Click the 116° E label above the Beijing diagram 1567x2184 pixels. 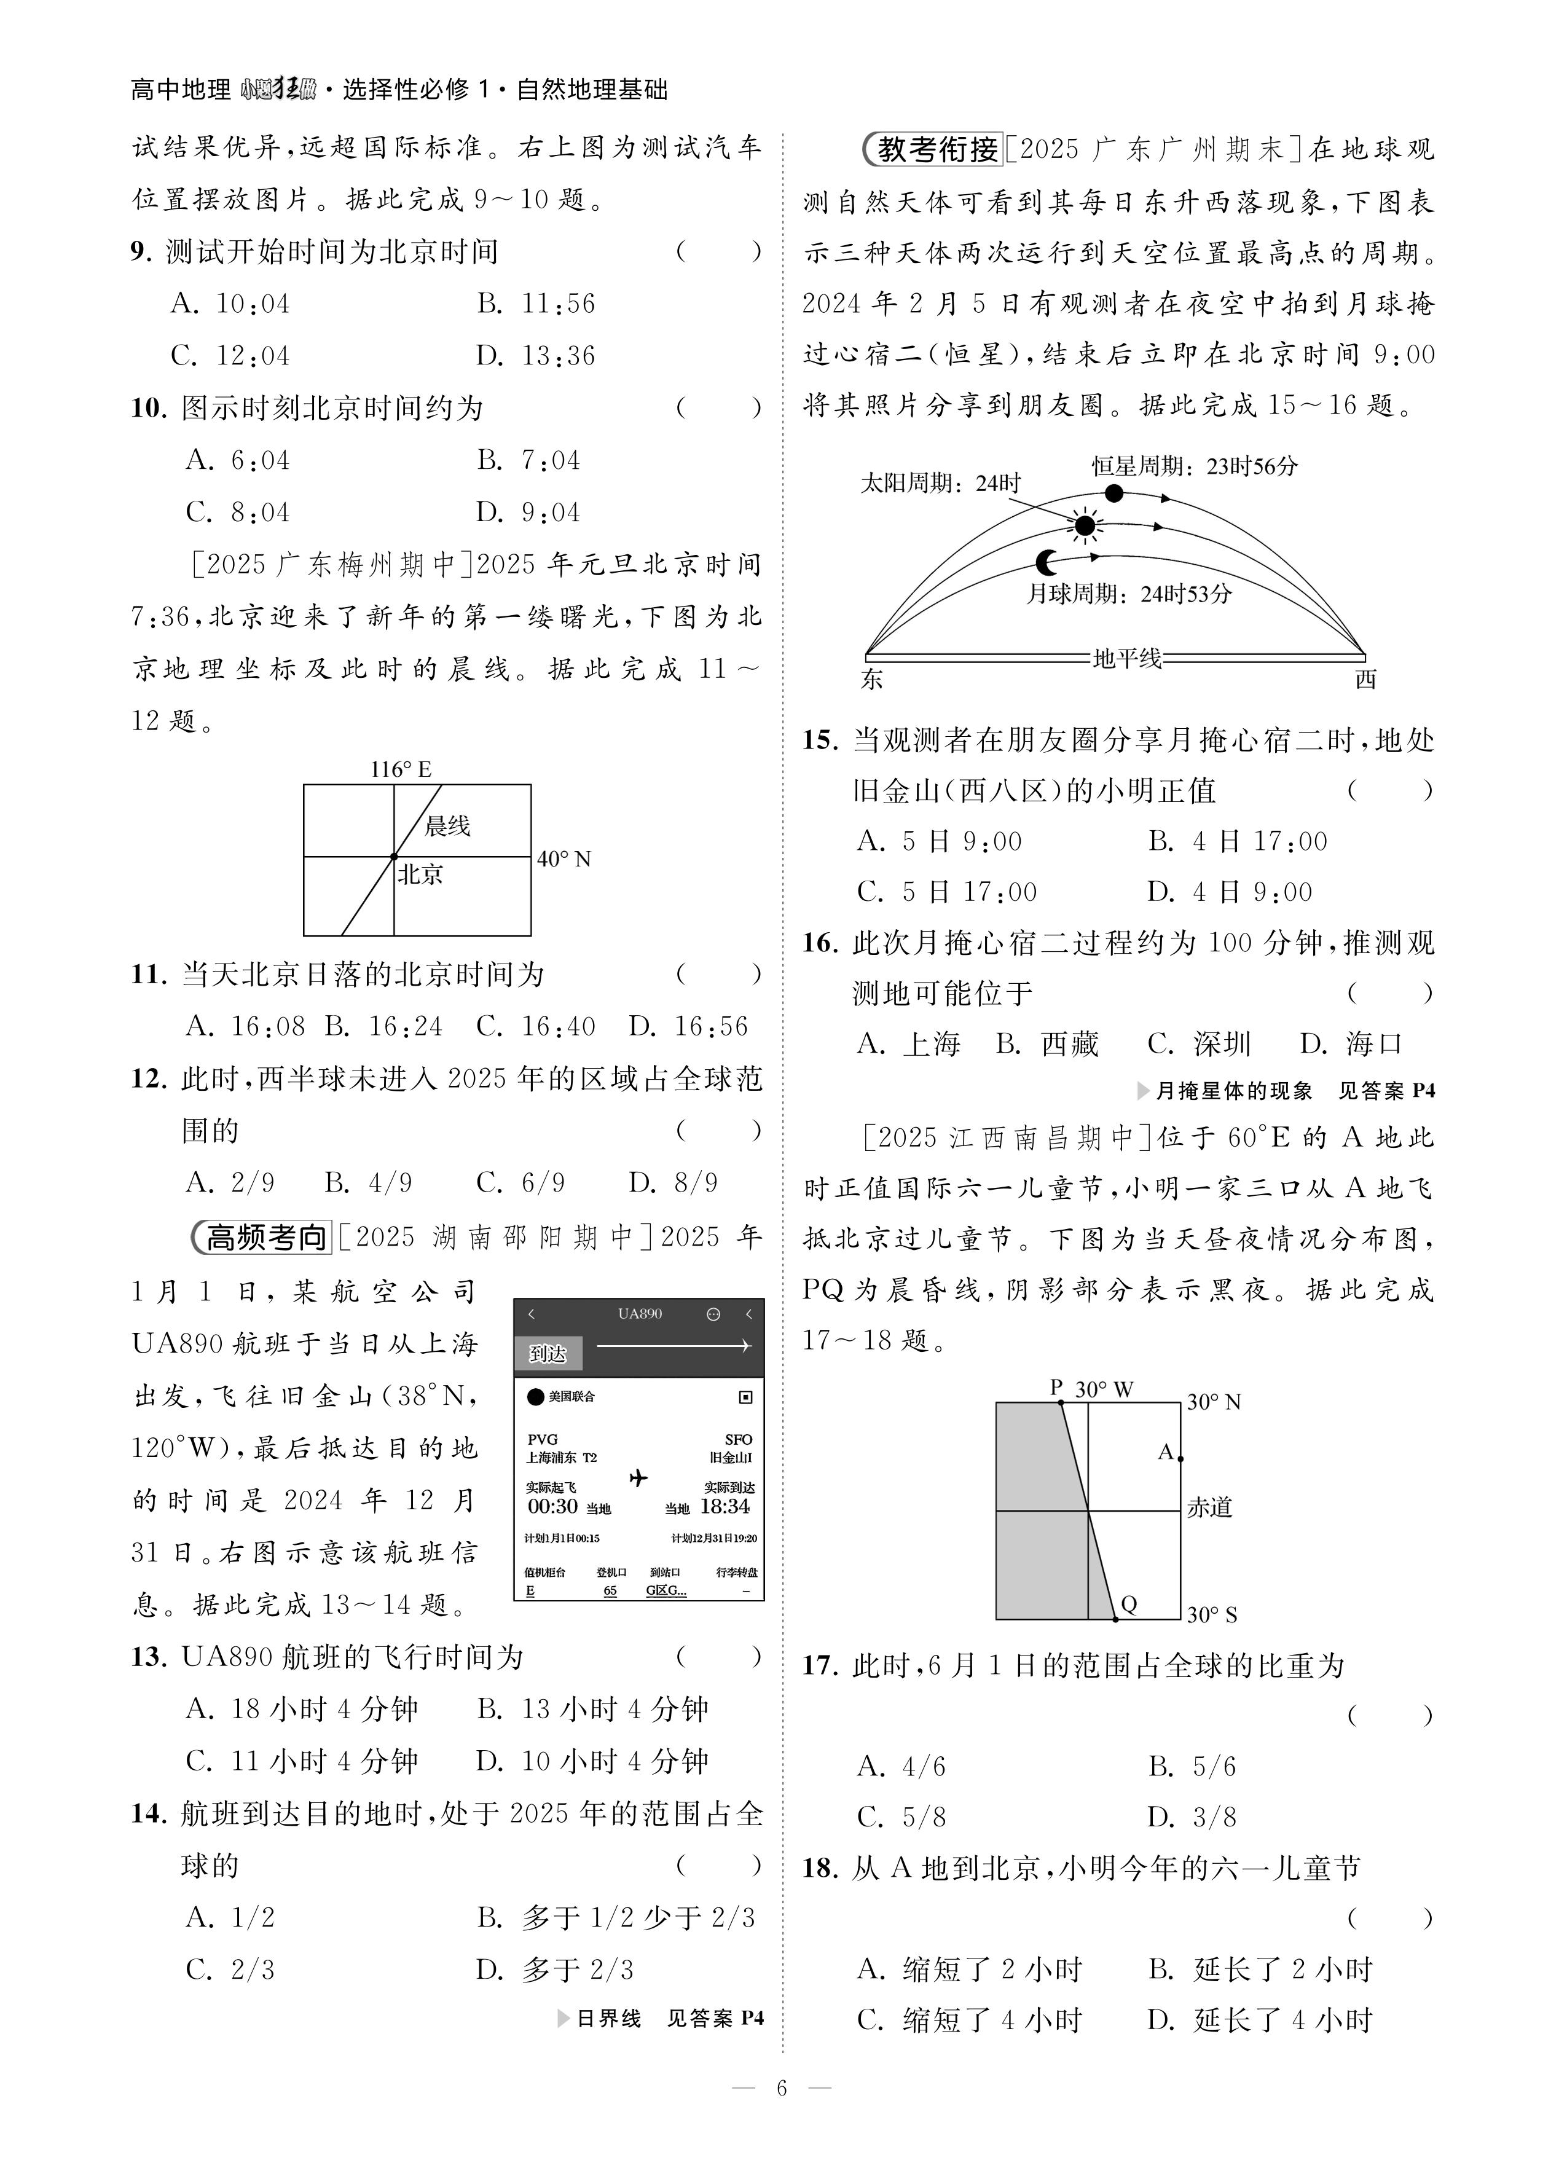coord(401,768)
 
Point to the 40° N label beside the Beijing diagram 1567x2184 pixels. coord(564,858)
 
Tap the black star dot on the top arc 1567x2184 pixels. coord(1114,493)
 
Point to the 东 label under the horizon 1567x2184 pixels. coord(871,680)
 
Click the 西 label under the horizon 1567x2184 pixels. coord(1365,680)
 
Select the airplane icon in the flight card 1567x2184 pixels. coord(638,1477)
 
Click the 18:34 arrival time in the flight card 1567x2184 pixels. coord(725,1506)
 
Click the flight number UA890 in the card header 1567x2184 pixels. coord(640,1313)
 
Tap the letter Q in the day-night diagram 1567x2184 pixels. coord(1129,1603)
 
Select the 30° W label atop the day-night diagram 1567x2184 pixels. coord(1104,1389)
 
